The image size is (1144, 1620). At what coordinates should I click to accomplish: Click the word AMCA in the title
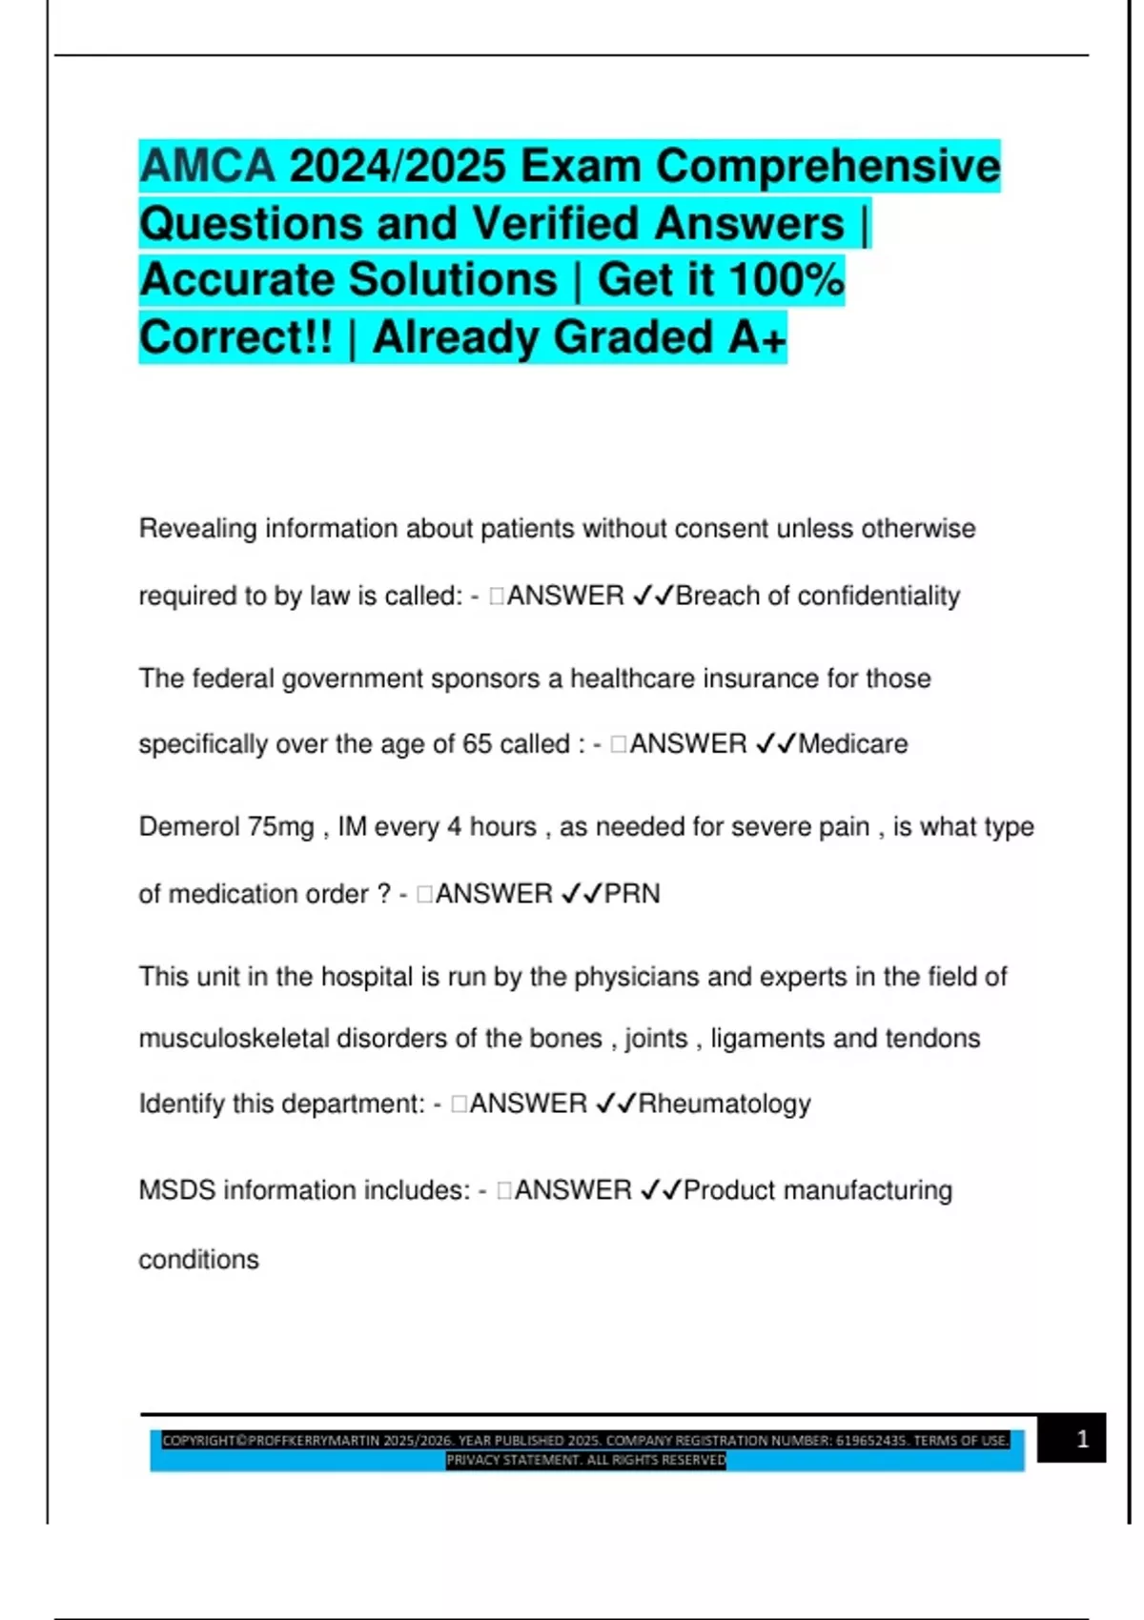coord(207,166)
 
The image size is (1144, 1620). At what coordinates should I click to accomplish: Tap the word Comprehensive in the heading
coord(827,166)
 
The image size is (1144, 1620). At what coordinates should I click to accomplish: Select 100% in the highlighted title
coord(786,280)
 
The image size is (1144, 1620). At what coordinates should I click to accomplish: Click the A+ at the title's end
coord(758,337)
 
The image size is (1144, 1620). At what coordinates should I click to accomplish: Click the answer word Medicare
coord(852,743)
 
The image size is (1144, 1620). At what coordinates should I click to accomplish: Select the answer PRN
coord(632,894)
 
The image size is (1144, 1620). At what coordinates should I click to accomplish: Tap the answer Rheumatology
coord(724,1104)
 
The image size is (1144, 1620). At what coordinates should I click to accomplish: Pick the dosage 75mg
coord(281,826)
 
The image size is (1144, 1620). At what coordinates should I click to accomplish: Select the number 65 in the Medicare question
coord(477,743)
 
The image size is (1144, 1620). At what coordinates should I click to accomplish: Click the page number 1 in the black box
coord(1082,1439)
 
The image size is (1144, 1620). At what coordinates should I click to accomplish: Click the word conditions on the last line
coord(198,1260)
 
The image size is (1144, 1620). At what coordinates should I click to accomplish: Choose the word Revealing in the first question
coord(197,528)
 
